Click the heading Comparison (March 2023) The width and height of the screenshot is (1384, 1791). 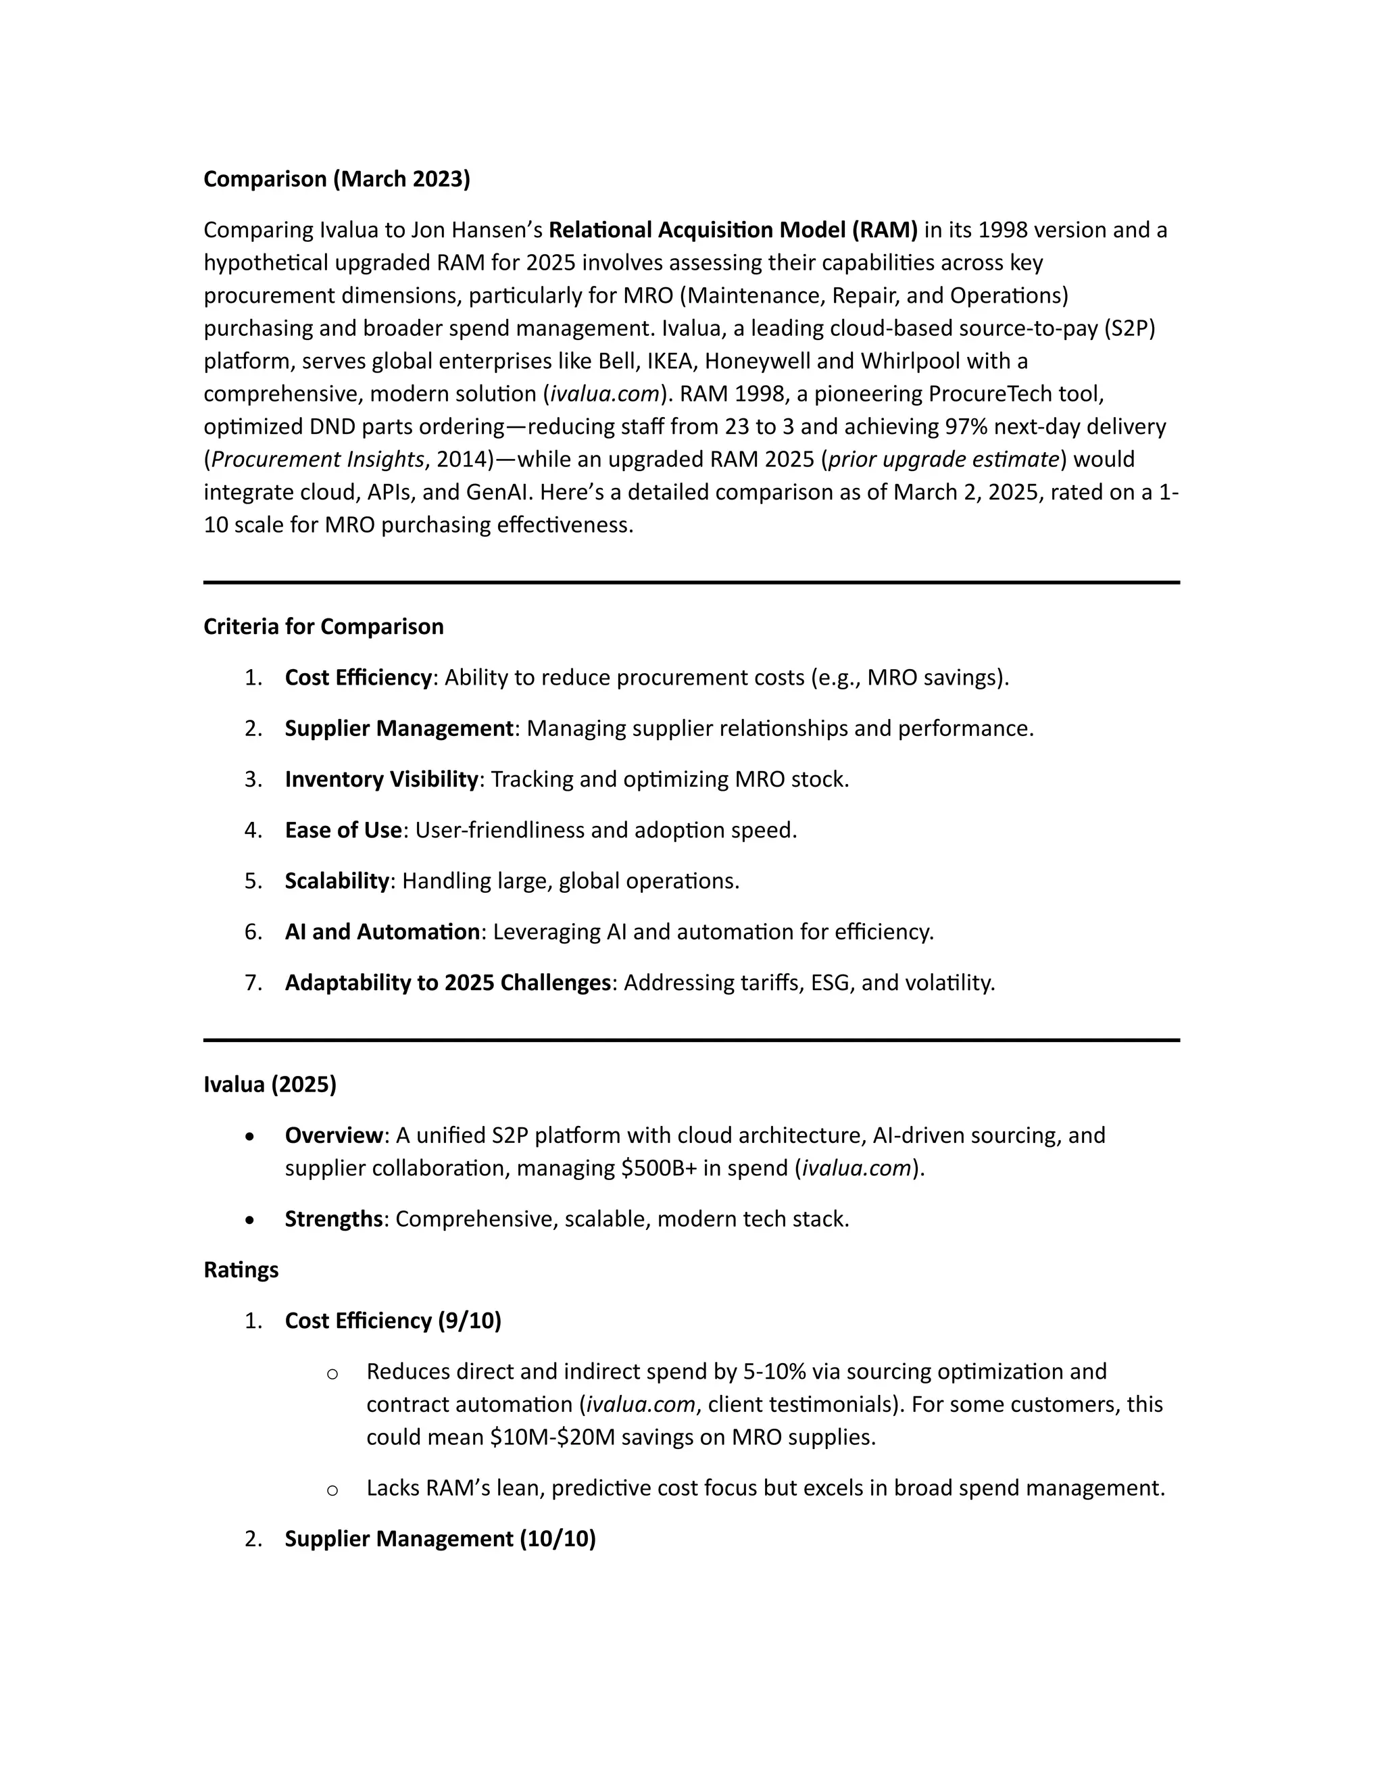coord(336,179)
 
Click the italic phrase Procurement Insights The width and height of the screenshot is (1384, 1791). coord(318,459)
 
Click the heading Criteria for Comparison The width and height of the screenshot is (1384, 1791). coord(323,627)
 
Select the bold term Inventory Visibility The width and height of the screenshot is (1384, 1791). coord(381,779)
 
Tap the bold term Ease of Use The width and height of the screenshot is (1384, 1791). coord(343,830)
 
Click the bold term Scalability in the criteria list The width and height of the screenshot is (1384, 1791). coord(336,881)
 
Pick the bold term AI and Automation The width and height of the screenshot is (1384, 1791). coord(382,931)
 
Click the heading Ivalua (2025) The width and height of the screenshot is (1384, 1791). coord(270,1084)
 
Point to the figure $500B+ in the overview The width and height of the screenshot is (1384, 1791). coord(658,1168)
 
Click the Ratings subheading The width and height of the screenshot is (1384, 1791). coord(241,1269)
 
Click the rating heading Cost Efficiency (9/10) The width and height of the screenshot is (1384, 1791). coord(393,1321)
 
